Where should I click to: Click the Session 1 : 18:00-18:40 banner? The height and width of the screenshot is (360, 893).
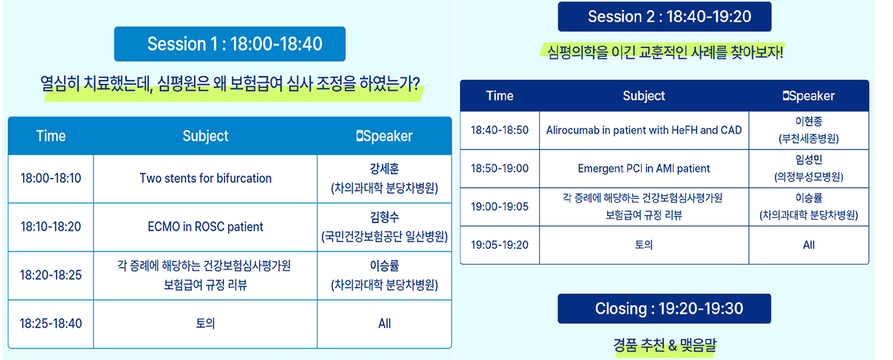point(230,44)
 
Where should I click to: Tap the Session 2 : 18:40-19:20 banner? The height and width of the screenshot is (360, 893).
point(665,17)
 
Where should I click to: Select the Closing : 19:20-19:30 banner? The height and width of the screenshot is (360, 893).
point(664,309)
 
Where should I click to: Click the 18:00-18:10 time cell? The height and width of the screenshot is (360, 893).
point(51,178)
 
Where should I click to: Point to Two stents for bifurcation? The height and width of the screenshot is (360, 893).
point(205,178)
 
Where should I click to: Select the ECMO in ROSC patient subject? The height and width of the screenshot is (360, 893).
point(205,227)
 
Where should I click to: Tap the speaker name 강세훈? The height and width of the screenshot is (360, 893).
point(384,169)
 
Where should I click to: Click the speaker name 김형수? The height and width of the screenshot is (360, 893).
point(384,217)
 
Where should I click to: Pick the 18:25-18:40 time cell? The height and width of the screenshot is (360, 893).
point(51,324)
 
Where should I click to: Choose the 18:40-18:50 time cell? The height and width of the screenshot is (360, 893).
point(500,130)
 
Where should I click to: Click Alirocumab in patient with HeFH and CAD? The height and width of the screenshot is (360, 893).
point(644,130)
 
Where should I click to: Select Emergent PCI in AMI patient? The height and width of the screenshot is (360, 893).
point(644,169)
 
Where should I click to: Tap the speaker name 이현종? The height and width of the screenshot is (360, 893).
point(809,121)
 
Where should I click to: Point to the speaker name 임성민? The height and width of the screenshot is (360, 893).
point(809,159)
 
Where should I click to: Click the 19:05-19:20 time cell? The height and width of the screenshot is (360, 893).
point(500,245)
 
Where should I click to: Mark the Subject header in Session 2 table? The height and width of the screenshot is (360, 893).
point(644,96)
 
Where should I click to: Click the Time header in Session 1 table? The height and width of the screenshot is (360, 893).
point(51,136)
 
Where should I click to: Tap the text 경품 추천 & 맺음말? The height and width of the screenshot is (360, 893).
point(665,345)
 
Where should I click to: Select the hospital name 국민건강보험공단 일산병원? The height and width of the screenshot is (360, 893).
point(384,237)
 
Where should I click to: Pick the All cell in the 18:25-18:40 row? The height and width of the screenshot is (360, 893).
point(384,324)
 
